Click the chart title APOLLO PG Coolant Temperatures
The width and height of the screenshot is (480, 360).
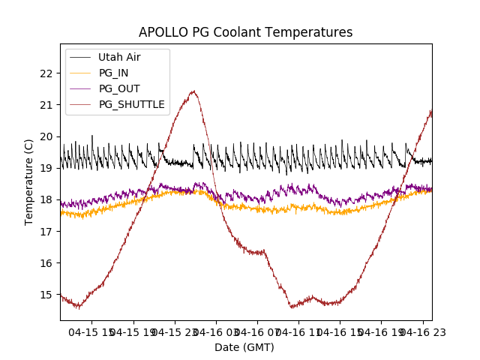click(x=245, y=33)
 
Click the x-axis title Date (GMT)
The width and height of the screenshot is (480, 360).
click(x=244, y=347)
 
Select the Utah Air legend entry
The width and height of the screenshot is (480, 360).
click(x=118, y=57)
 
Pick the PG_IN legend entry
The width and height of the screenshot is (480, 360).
click(x=114, y=73)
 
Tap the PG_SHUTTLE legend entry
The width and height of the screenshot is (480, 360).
click(x=131, y=104)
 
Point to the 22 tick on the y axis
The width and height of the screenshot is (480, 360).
click(x=46, y=73)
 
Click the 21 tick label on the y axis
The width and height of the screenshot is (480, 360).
click(x=46, y=105)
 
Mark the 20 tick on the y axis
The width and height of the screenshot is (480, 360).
click(x=46, y=136)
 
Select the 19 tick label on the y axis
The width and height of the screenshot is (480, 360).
click(x=46, y=168)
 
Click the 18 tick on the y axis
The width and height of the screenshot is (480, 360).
click(x=46, y=199)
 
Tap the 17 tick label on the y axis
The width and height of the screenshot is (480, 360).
click(x=46, y=232)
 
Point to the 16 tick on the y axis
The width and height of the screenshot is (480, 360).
click(x=46, y=263)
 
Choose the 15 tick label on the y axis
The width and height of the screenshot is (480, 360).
click(x=46, y=295)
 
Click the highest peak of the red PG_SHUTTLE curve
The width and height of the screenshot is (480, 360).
click(x=193, y=91)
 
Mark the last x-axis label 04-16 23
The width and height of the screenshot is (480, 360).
click(x=424, y=331)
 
